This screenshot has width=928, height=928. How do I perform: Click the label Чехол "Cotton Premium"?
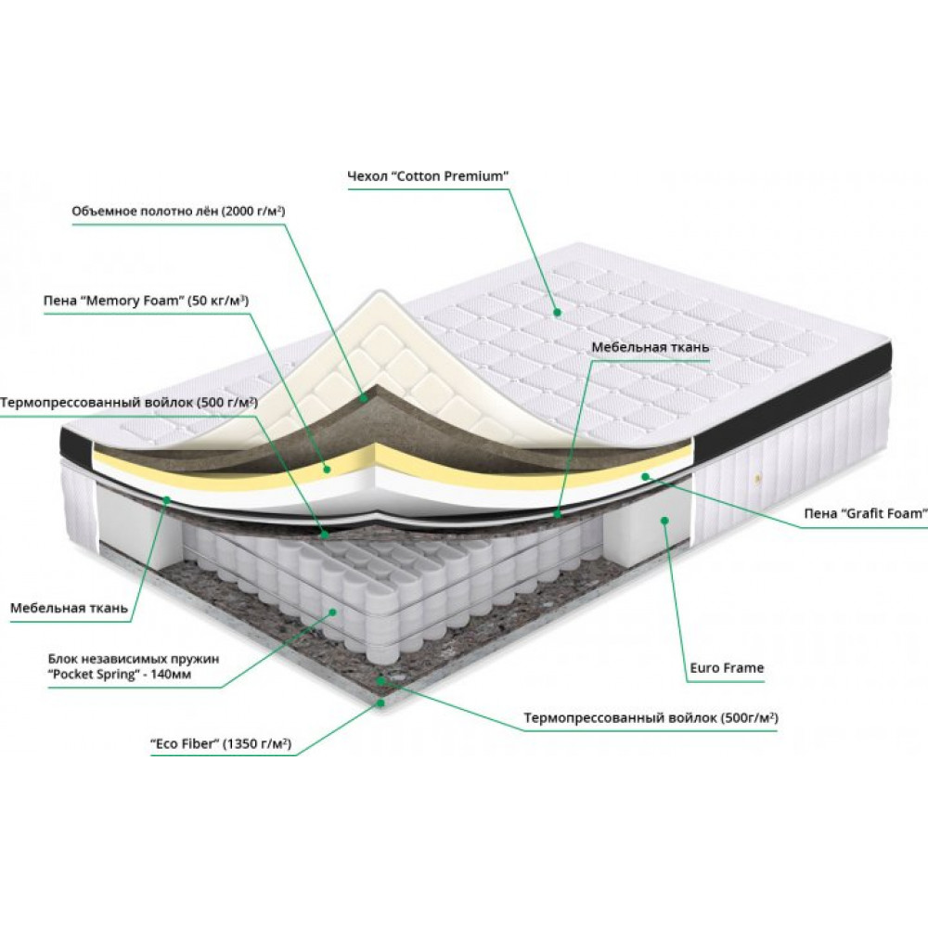[428, 175]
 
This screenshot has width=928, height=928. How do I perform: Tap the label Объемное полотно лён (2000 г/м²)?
[178, 212]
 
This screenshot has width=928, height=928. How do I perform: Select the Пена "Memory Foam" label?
[146, 301]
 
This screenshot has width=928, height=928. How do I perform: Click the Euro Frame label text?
[727, 668]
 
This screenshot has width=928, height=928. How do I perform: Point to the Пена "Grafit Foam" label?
[865, 513]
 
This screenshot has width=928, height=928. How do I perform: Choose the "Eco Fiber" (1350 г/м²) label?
[221, 744]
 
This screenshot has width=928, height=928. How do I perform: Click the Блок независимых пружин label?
[134, 666]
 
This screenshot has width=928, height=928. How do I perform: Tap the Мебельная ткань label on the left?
[69, 608]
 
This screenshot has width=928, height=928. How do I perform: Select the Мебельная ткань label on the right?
[650, 347]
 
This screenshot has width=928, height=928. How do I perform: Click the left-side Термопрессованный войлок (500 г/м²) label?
[128, 403]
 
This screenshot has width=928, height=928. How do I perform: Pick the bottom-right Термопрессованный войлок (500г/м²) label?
[651, 718]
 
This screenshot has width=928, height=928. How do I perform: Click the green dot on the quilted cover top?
[557, 312]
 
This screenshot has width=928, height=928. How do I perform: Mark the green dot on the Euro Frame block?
[664, 521]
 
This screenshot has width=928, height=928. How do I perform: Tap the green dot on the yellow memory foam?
[326, 470]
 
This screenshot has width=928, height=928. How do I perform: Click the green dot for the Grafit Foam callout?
[645, 476]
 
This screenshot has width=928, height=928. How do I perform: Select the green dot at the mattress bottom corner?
[381, 703]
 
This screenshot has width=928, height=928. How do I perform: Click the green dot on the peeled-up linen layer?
[364, 398]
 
